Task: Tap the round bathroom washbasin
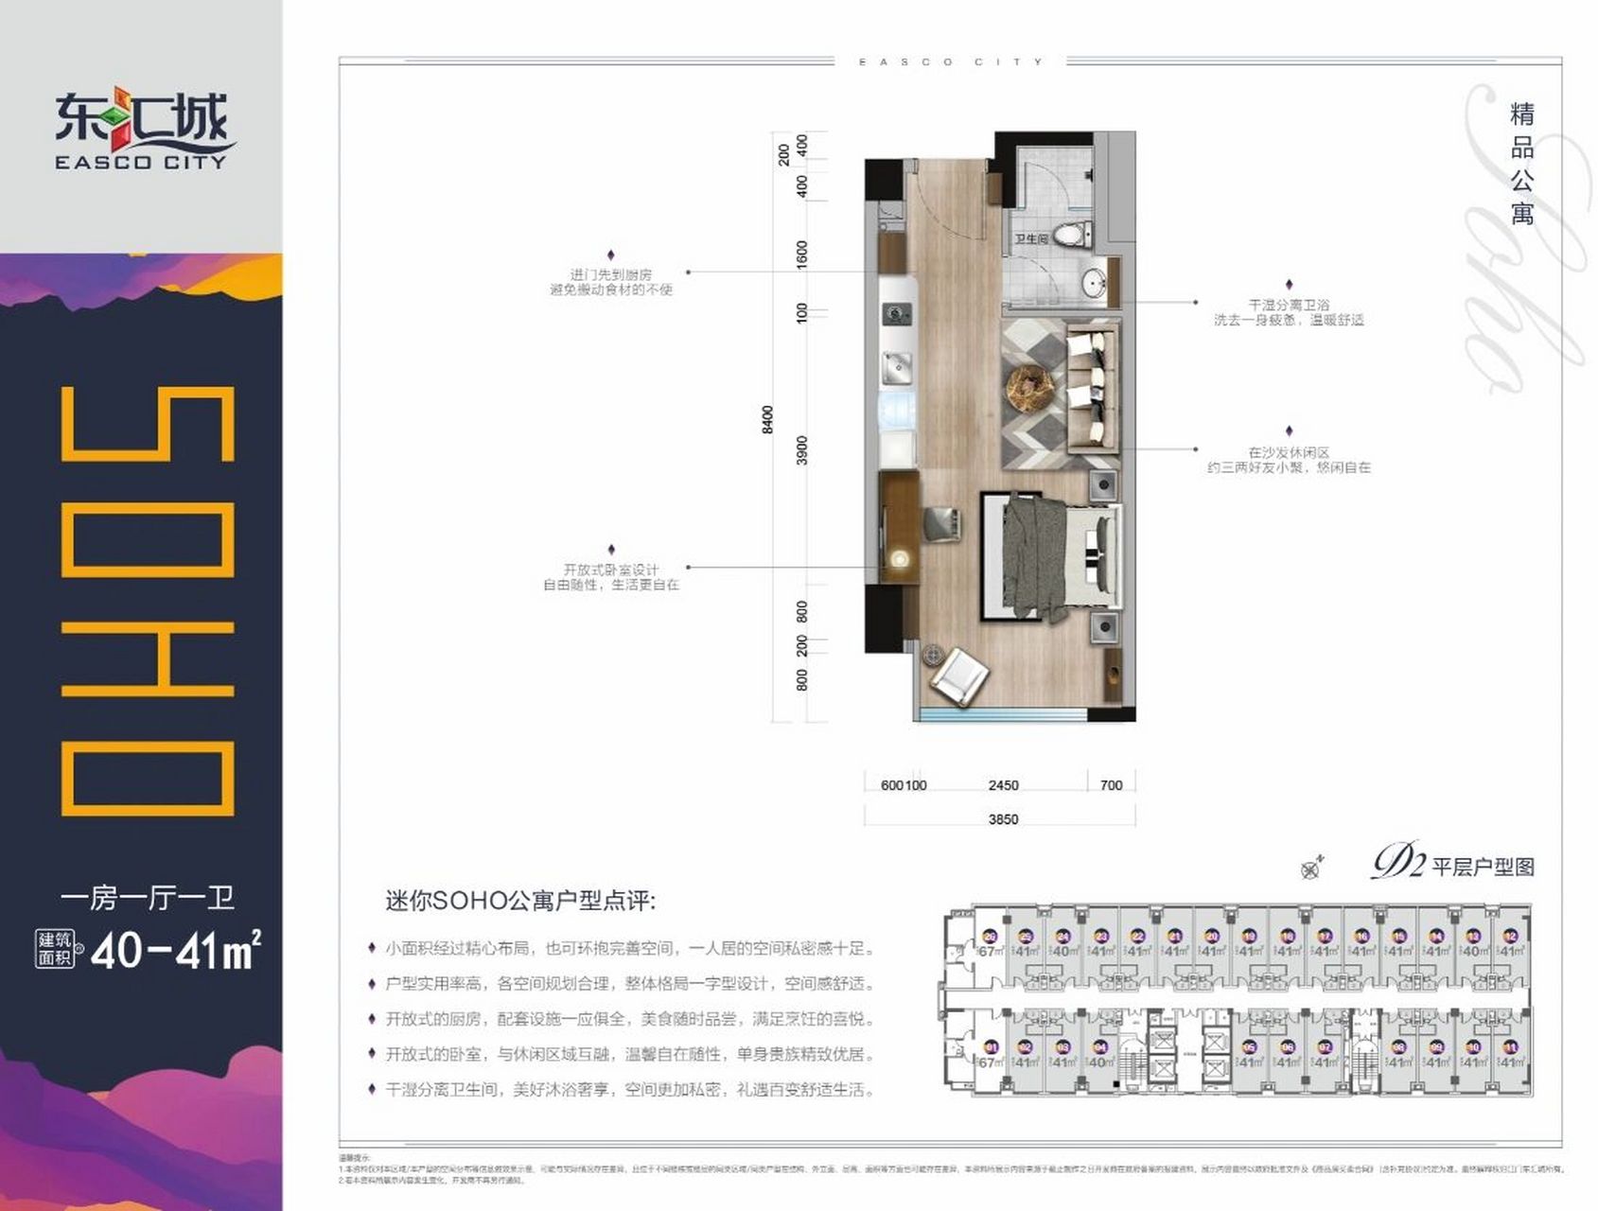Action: coord(1095,282)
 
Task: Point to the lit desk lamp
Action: coord(900,559)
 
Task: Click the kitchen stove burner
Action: coord(896,311)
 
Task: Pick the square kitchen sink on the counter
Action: coord(895,364)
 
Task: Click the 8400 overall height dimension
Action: coord(767,419)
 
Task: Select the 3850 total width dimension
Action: coord(1003,819)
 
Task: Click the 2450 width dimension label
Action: coord(1003,785)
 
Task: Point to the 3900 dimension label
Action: coord(802,449)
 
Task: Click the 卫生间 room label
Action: coord(1031,239)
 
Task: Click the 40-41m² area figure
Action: coord(175,951)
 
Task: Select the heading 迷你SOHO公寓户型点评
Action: coord(520,901)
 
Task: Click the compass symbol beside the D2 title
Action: coord(1311,868)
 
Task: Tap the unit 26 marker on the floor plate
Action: coord(990,937)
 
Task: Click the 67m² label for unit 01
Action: coord(990,1062)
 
